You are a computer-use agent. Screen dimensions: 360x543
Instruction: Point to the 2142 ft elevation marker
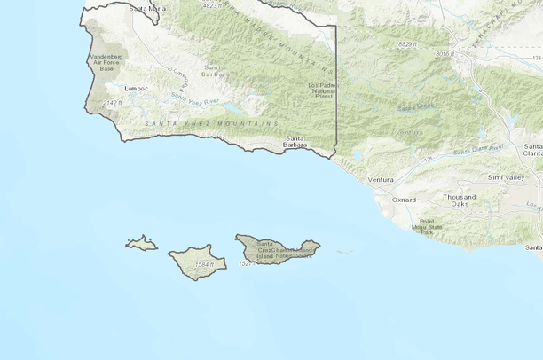point(111,104)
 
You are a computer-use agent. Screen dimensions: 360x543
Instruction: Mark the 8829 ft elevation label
point(407,43)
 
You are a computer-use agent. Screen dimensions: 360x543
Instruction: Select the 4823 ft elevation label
point(212,4)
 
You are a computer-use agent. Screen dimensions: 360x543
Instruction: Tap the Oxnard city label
point(404,200)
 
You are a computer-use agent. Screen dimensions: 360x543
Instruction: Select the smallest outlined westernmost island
point(140,242)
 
